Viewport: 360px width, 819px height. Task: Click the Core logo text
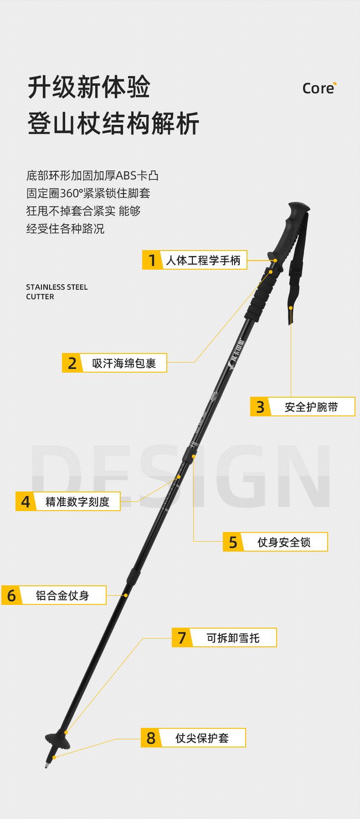pos(319,88)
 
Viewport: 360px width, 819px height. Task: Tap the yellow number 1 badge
pos(152,260)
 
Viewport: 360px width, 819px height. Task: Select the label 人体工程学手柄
pos(203,260)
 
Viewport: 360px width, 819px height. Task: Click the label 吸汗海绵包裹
pos(124,363)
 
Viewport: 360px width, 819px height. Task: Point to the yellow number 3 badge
pos(260,407)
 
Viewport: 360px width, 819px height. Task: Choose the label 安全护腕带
pos(311,407)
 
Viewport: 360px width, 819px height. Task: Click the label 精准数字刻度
pos(77,502)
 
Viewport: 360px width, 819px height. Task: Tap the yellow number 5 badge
pos(233,542)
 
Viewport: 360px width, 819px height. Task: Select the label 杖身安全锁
pos(284,542)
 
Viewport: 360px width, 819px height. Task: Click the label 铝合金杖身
pos(62,595)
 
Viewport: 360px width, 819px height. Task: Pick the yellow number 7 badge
pos(182,638)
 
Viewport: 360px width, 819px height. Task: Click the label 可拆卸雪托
pos(233,638)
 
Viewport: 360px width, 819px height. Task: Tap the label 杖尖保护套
pos(202,738)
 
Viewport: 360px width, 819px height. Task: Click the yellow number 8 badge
pos(151,738)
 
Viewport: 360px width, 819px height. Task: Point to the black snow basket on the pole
pos(58,740)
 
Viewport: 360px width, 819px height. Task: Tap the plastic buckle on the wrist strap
pos(295,268)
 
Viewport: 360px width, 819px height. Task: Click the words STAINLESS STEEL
pos(57,287)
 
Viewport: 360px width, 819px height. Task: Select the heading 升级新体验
pos(89,87)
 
